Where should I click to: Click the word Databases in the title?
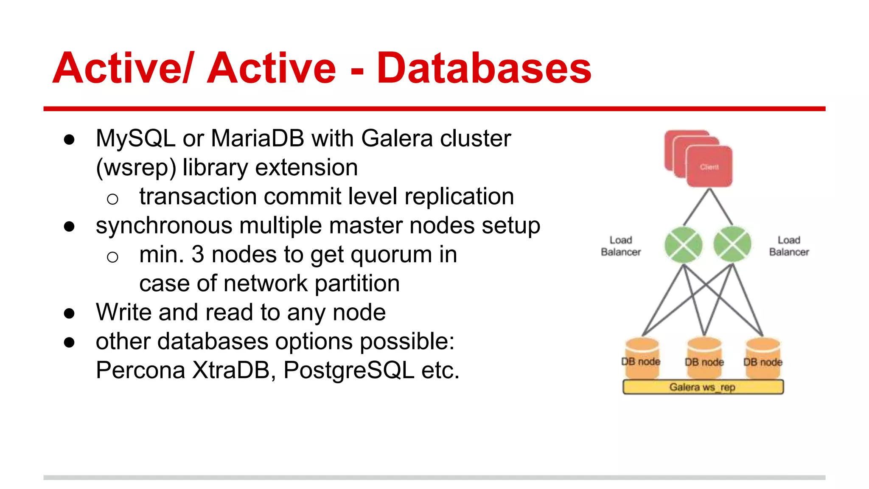tap(484, 68)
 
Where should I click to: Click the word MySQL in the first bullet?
tap(135, 138)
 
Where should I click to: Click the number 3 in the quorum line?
tap(198, 254)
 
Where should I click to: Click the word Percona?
tap(140, 370)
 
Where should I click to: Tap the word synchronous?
tap(164, 226)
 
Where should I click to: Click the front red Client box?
tap(709, 166)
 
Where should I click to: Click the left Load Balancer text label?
tap(621, 246)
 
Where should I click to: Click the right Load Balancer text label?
tap(789, 246)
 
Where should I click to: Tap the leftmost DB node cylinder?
tap(642, 359)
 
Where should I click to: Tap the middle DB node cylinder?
tap(704, 359)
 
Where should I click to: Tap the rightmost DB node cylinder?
tap(763, 359)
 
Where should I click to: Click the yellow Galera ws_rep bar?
tap(703, 387)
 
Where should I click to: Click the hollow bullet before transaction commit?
tap(112, 199)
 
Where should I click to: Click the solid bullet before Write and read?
tap(69, 314)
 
